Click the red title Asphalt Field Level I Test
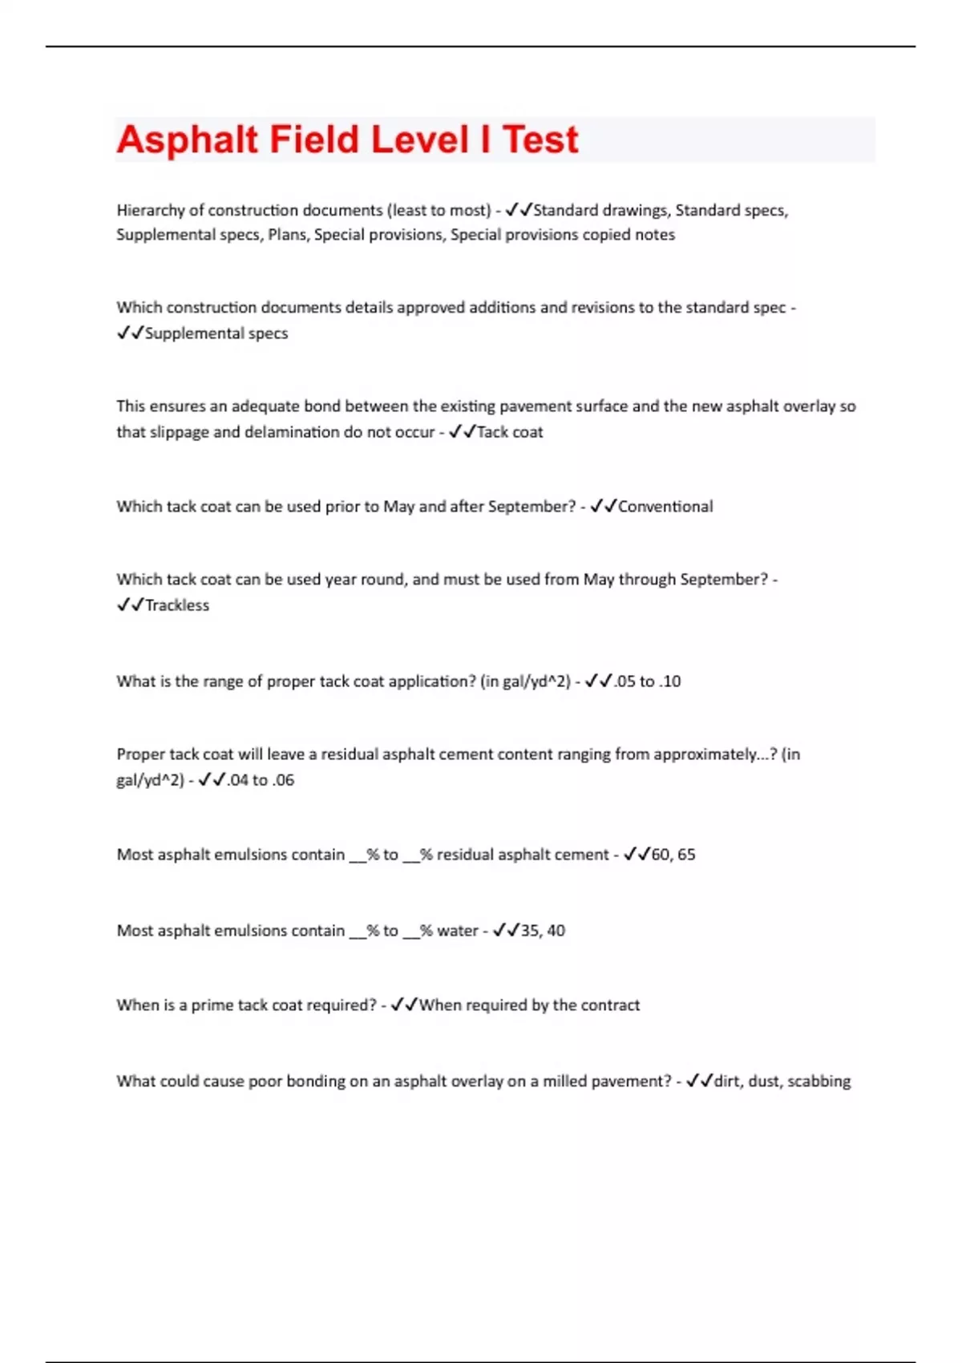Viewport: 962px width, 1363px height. tap(347, 140)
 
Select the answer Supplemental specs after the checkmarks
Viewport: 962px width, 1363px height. tap(216, 333)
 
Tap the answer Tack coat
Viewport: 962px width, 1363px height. tap(510, 431)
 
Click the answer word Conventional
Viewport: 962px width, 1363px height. tap(665, 506)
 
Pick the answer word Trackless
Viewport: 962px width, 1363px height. tap(177, 605)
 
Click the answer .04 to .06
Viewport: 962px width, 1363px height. tap(261, 779)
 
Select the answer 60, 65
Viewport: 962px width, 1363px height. tap(673, 854)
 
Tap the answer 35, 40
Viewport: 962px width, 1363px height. tap(543, 930)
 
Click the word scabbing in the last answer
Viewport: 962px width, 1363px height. tap(819, 1081)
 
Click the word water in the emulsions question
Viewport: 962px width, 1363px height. tap(458, 930)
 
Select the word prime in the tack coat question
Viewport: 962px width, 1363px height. tap(212, 1005)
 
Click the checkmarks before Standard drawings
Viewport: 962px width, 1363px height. tap(519, 210)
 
